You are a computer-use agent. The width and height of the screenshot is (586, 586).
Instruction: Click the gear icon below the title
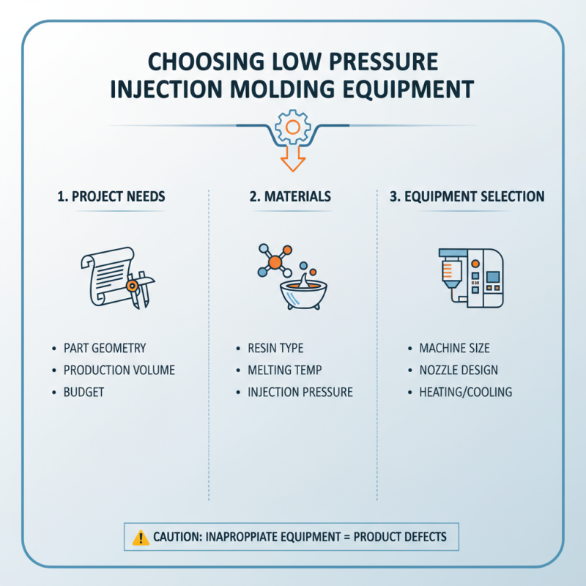point(292,129)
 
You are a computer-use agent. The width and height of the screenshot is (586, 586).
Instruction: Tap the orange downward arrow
point(292,160)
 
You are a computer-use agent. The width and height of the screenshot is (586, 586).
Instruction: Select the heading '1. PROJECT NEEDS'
point(111,196)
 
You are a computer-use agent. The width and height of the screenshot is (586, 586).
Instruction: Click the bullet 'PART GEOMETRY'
point(105,348)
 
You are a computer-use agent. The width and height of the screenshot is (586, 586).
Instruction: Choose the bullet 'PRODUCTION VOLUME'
point(119,370)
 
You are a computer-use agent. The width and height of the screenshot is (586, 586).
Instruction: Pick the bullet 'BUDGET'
point(84,392)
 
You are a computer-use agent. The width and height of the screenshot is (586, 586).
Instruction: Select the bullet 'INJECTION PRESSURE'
point(300,392)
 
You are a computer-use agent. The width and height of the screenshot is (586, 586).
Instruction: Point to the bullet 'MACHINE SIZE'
point(454,348)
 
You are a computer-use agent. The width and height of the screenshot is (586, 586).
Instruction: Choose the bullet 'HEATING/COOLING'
point(465,392)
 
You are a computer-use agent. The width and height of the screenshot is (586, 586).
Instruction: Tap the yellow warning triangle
point(141,538)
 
